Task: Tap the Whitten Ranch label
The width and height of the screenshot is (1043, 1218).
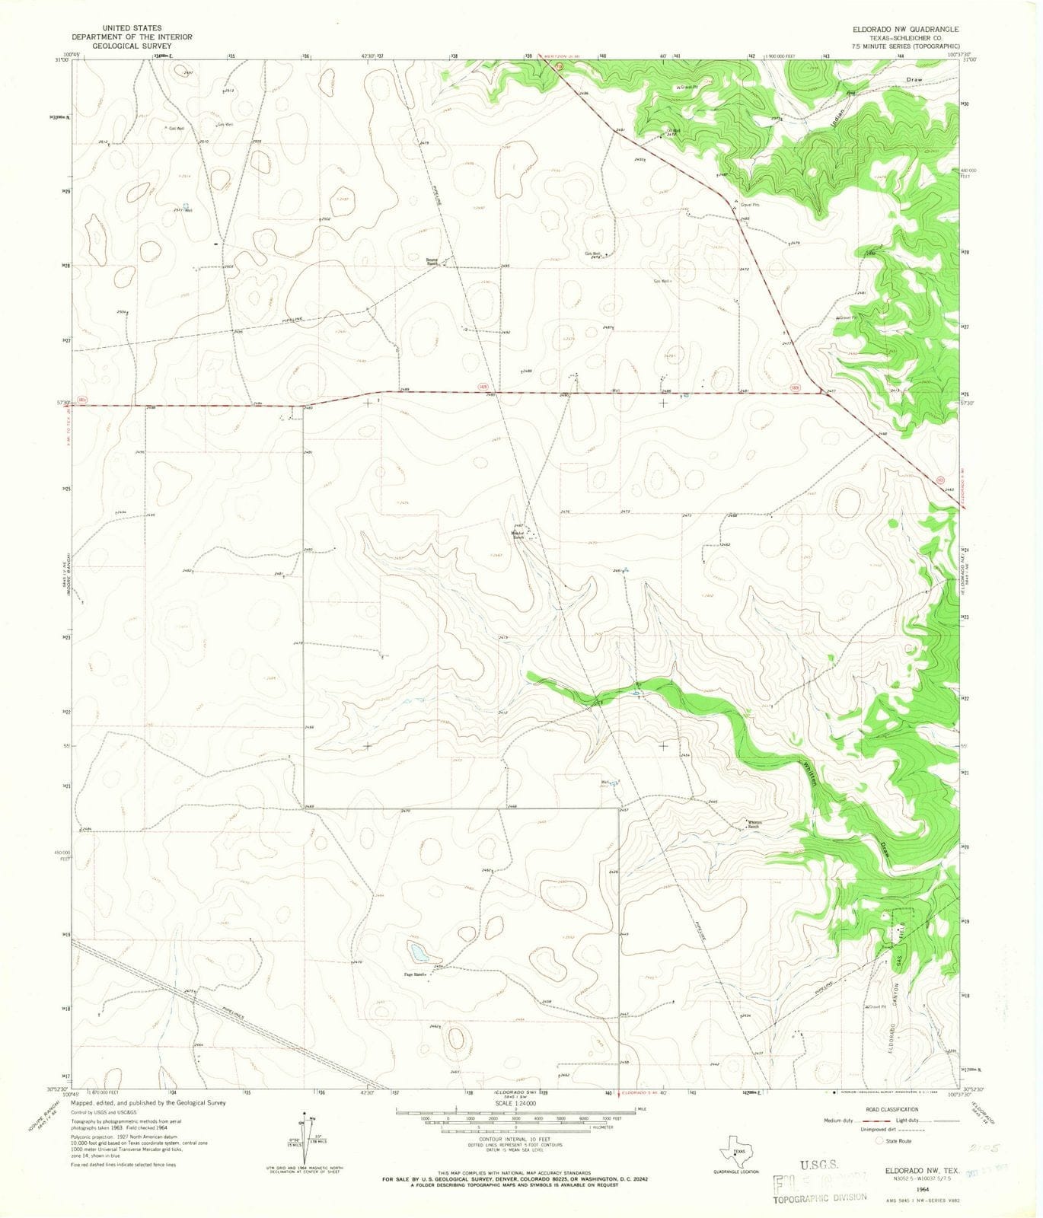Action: tap(754, 824)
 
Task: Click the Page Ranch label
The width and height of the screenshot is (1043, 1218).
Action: tap(413, 974)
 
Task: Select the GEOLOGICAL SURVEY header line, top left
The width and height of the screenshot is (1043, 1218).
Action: tap(121, 46)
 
